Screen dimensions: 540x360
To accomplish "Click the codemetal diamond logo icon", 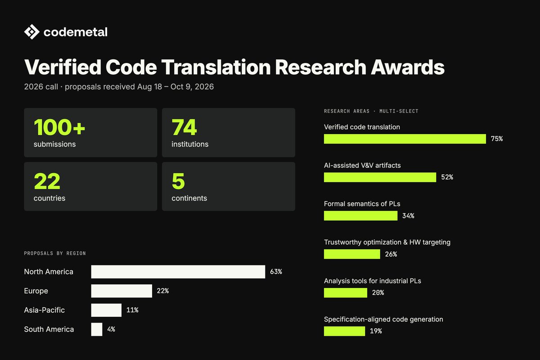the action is pyautogui.click(x=31, y=32).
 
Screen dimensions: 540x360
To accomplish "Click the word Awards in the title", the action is pyautogui.click(x=407, y=67).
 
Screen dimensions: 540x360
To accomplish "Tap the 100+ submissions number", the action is pyautogui.click(x=59, y=127).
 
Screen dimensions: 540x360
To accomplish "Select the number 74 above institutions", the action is pyautogui.click(x=184, y=127).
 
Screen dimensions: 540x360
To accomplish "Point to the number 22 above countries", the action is pyautogui.click(x=47, y=181).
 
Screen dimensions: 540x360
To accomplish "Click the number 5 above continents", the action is pyautogui.click(x=178, y=181).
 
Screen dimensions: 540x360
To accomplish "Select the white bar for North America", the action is pyautogui.click(x=178, y=272).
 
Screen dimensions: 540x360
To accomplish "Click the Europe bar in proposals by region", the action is pyautogui.click(x=121, y=291).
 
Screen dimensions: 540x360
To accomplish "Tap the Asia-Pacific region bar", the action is pyautogui.click(x=106, y=310).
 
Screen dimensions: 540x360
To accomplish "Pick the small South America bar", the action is pyautogui.click(x=97, y=329).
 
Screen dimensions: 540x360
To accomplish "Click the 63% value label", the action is pyautogui.click(x=276, y=272).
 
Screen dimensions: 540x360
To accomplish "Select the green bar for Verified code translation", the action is pyautogui.click(x=405, y=139).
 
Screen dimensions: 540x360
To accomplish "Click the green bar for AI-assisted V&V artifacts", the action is pyautogui.click(x=380, y=177).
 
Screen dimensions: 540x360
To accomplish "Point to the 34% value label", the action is pyautogui.click(x=409, y=216).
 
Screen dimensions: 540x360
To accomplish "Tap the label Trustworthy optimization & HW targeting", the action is pyautogui.click(x=387, y=242).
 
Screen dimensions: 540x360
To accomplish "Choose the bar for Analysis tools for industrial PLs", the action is pyautogui.click(x=346, y=293).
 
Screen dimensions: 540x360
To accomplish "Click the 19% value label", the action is pyautogui.click(x=376, y=331).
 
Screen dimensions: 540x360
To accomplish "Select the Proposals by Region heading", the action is pyautogui.click(x=55, y=253).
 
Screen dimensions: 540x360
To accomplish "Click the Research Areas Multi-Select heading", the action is pyautogui.click(x=371, y=111).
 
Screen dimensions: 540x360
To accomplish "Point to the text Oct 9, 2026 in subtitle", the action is pyautogui.click(x=192, y=87).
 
